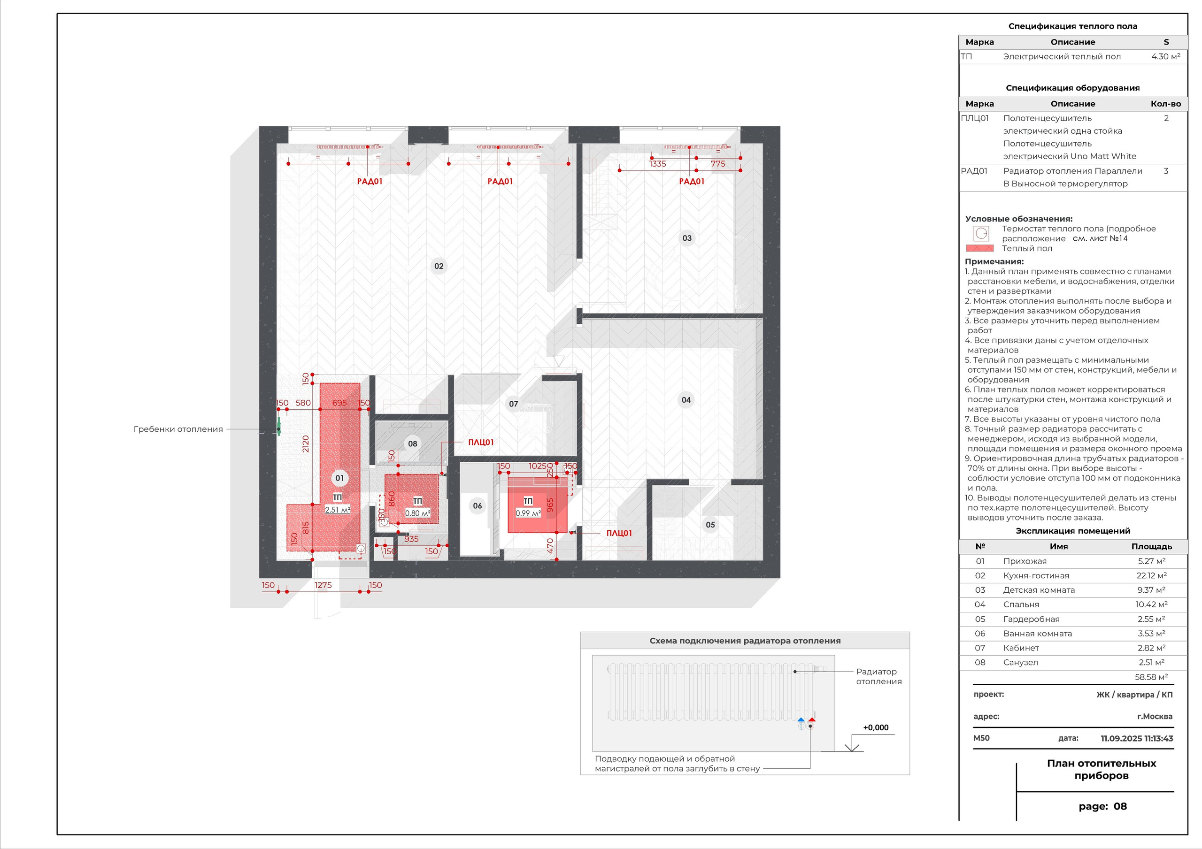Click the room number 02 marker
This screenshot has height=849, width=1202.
click(439, 266)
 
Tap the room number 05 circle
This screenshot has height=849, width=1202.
click(710, 525)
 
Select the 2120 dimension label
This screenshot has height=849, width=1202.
click(306, 444)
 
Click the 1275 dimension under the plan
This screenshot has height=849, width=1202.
click(323, 585)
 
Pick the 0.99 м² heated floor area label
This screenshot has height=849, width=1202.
click(528, 513)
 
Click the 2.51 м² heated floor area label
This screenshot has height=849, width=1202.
click(338, 510)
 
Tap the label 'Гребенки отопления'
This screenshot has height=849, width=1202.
click(178, 429)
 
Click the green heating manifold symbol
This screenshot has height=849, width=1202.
click(278, 427)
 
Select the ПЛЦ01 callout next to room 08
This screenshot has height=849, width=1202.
click(481, 442)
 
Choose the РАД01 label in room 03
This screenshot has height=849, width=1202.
click(692, 181)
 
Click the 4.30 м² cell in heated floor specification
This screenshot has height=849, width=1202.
click(1166, 56)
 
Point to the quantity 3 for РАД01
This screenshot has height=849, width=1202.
click(1166, 171)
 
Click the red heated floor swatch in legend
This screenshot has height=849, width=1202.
click(979, 248)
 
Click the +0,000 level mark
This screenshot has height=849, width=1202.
click(876, 727)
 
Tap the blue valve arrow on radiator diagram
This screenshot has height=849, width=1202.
click(801, 721)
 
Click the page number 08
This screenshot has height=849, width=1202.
click(1120, 807)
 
